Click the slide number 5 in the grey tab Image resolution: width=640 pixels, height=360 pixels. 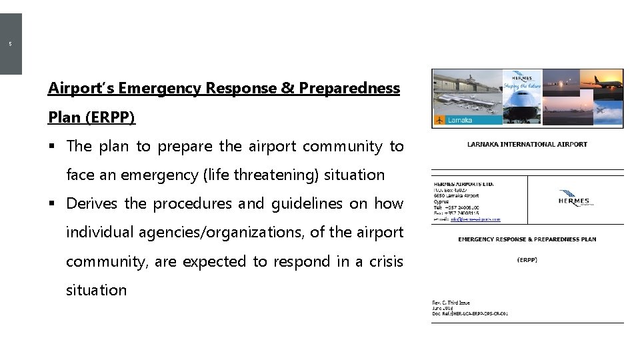pyautogui.click(x=10, y=45)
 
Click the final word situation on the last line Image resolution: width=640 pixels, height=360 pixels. pyautogui.click(x=96, y=290)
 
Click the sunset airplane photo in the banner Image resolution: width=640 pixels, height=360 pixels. pyautogui.click(x=600, y=83)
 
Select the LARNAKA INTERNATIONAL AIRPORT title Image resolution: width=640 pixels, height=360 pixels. pyautogui.click(x=527, y=145)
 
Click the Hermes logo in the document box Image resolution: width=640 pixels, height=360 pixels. pyautogui.click(x=574, y=197)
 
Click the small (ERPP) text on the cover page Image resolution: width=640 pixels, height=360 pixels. pyautogui.click(x=527, y=260)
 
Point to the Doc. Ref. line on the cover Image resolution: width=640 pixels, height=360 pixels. pyautogui.click(x=470, y=313)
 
